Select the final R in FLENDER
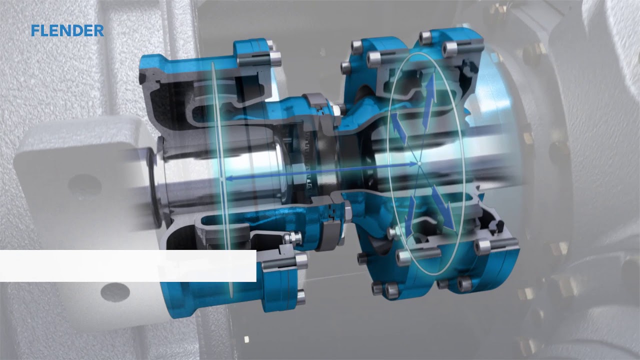[x=98, y=30]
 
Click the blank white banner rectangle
[x=128, y=265]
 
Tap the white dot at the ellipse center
[x=419, y=163]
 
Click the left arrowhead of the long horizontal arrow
[x=228, y=179]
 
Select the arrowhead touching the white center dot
[x=413, y=164]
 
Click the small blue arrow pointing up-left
[x=399, y=127]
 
